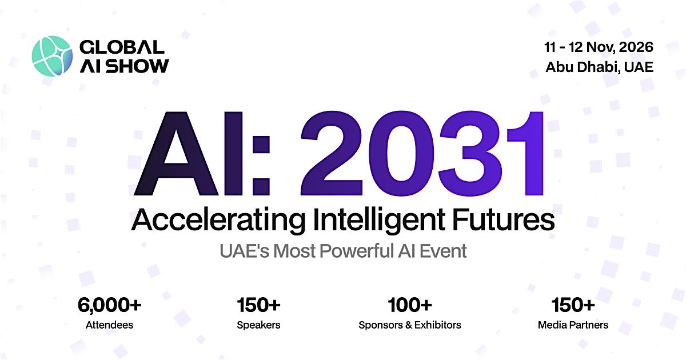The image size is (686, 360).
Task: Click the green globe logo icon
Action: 53,56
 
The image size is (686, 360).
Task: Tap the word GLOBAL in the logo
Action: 122,47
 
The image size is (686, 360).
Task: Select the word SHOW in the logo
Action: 138,66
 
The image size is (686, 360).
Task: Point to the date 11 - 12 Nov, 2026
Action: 599,47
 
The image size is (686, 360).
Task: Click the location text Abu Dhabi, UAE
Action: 599,67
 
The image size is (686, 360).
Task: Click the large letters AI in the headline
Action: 189,153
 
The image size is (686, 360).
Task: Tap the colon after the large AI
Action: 261,165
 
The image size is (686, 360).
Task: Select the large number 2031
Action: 422,153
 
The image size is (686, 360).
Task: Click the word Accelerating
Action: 218,221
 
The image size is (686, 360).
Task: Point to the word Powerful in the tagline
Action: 357,251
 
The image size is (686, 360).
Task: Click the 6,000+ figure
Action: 109,305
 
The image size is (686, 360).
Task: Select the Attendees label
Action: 109,325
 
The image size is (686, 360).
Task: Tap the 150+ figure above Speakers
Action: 258,305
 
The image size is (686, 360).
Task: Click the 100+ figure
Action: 410,305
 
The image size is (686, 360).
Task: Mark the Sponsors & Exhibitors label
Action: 410,325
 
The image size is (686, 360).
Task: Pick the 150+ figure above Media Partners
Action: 573,305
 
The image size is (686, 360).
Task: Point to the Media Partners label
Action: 573,325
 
